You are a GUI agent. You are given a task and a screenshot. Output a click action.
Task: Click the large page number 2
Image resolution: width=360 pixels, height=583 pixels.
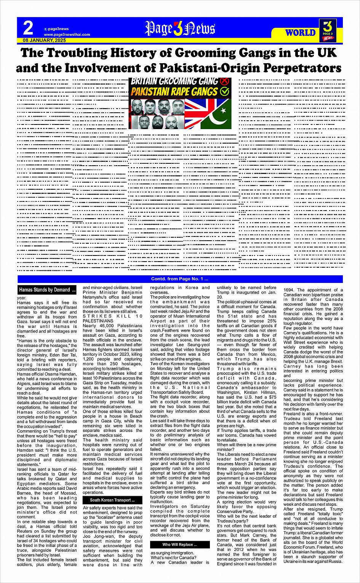(28, 29)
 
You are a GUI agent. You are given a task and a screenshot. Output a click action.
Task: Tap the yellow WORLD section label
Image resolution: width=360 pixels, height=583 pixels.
(301, 33)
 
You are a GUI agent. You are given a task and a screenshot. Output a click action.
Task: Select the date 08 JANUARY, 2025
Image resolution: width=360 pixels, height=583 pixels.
(44, 40)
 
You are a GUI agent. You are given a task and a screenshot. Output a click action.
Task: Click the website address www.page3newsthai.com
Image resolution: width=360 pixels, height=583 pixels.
(67, 35)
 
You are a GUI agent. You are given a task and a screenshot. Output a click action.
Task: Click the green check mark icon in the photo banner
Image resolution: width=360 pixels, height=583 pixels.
(224, 91)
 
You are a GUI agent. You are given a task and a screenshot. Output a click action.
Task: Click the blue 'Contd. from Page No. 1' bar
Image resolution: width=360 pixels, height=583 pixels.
(180, 279)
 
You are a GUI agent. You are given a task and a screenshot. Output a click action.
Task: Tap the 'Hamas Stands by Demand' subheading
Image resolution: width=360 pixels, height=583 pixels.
(47, 290)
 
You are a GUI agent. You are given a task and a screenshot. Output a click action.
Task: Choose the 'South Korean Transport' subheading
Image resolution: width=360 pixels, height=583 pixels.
(112, 500)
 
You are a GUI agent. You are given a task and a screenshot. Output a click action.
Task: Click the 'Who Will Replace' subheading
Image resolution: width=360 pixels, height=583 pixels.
(180, 545)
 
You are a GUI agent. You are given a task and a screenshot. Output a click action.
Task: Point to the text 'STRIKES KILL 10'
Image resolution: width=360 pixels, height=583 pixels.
(113, 316)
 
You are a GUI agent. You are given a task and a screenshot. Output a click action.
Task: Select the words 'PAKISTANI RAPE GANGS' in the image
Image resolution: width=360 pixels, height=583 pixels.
(174, 92)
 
